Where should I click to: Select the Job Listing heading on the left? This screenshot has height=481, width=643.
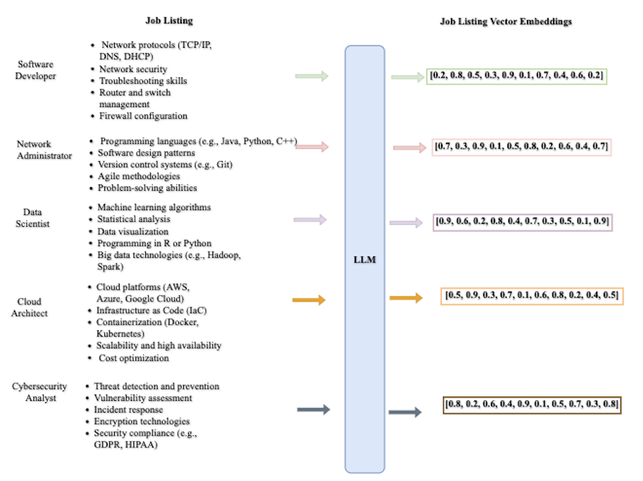point(169,21)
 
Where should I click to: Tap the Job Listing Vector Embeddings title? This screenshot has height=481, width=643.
point(506,21)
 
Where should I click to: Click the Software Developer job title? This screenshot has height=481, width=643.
point(37,70)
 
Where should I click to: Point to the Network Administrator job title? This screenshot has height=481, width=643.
point(44,150)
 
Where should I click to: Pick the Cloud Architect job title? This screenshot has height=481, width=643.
point(29,307)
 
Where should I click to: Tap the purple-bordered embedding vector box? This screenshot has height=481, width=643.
point(522,222)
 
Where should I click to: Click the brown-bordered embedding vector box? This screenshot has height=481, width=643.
point(532,404)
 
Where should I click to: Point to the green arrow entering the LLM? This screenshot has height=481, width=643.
point(311,76)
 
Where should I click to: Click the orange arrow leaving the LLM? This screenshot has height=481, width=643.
point(406,298)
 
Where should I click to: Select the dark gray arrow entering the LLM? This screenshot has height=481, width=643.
point(313,410)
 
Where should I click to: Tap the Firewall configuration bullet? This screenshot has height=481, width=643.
point(143,115)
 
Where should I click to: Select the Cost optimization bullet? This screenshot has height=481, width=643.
point(133,357)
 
